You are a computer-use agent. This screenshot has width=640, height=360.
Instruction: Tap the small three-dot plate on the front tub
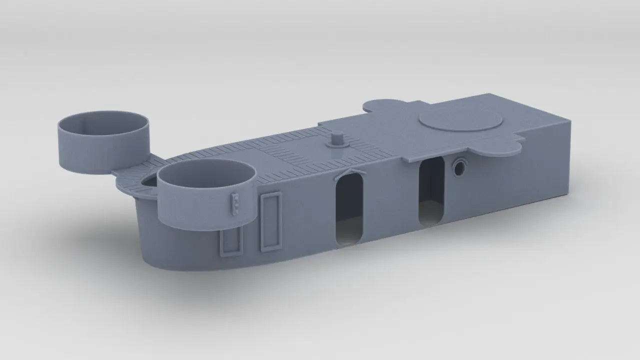(235, 202)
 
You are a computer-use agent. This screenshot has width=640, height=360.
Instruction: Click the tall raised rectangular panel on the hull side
(270, 222)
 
